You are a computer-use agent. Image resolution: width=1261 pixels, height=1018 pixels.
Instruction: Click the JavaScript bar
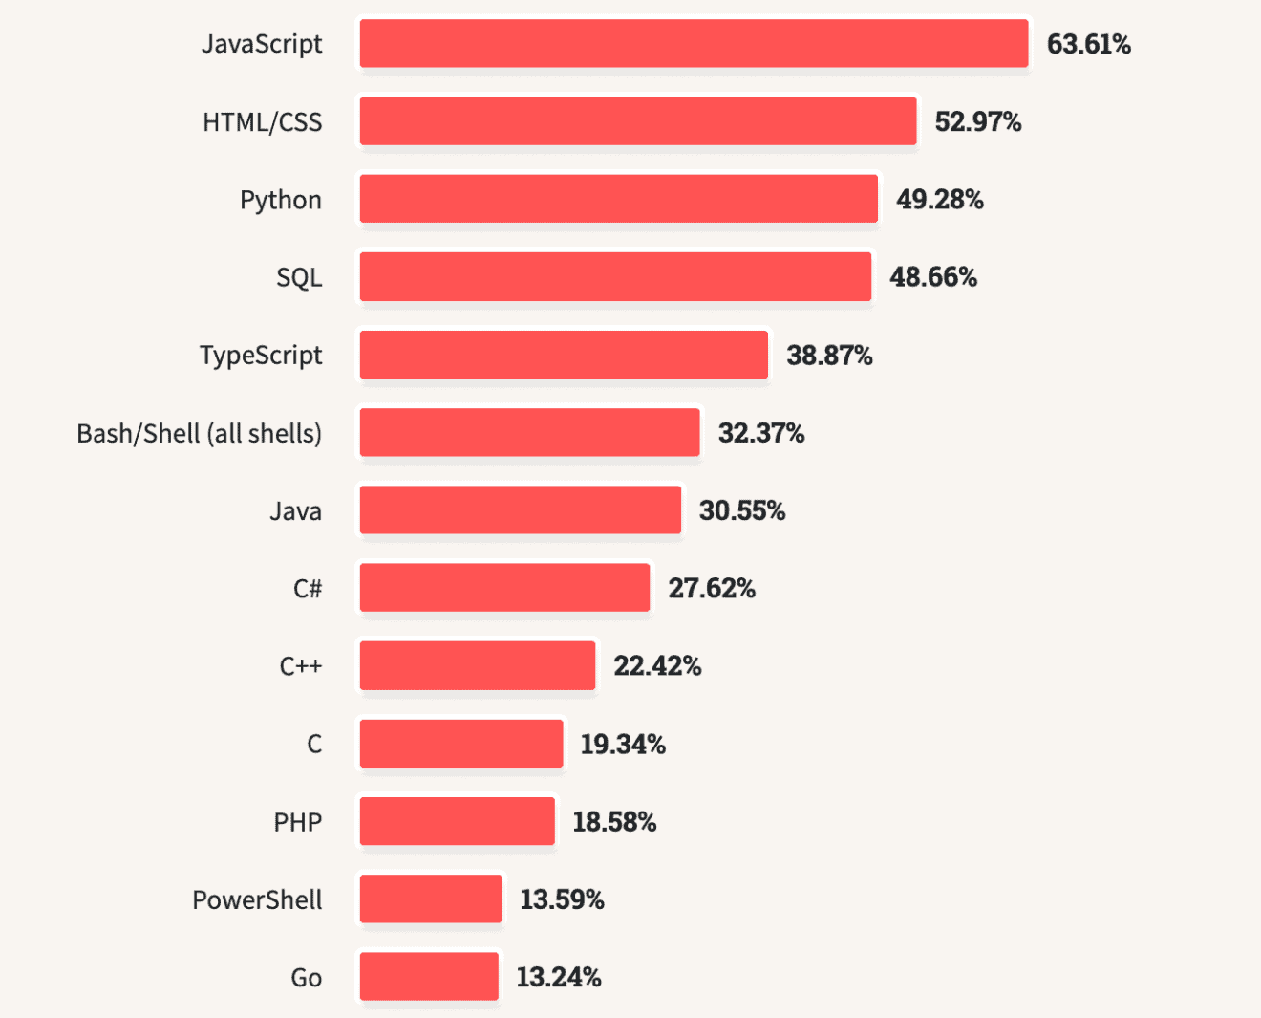pyautogui.click(x=694, y=44)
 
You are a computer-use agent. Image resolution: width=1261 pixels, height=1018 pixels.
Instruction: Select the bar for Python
pyautogui.click(x=618, y=199)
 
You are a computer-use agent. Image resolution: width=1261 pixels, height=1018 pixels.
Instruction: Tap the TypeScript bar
pyautogui.click(x=564, y=355)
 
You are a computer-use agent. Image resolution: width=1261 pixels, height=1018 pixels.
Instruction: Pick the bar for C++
pyautogui.click(x=478, y=665)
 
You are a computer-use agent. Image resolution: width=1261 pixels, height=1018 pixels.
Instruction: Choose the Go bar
pyautogui.click(x=429, y=976)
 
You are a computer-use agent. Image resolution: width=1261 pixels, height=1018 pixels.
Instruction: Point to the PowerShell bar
pyautogui.click(x=431, y=899)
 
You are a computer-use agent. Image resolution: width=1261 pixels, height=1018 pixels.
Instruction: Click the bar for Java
pyautogui.click(x=521, y=509)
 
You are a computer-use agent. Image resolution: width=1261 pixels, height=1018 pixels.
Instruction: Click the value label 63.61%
pyautogui.click(x=1088, y=44)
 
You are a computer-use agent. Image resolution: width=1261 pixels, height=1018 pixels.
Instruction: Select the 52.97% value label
pyautogui.click(x=977, y=121)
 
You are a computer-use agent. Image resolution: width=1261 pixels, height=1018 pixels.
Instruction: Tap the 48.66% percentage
pyautogui.click(x=932, y=277)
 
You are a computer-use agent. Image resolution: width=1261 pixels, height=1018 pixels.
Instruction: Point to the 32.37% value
pyautogui.click(x=760, y=433)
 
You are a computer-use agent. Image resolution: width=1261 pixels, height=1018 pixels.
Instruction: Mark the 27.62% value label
pyautogui.click(x=711, y=588)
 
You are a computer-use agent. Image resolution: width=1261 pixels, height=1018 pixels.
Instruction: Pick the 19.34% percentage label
pyautogui.click(x=622, y=744)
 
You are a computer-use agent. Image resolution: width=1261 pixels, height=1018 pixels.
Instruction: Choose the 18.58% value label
pyautogui.click(x=613, y=821)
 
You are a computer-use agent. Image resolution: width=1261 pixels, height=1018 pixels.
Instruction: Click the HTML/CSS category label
pyautogui.click(x=262, y=122)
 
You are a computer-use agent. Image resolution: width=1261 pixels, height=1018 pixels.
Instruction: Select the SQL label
pyautogui.click(x=299, y=277)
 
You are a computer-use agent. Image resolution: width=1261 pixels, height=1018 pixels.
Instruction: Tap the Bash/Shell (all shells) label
pyautogui.click(x=199, y=433)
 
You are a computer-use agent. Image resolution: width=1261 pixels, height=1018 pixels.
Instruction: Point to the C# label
pyautogui.click(x=307, y=588)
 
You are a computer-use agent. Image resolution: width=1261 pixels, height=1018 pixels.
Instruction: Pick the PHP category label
pyautogui.click(x=297, y=822)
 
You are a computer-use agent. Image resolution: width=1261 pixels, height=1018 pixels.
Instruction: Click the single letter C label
pyautogui.click(x=314, y=744)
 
